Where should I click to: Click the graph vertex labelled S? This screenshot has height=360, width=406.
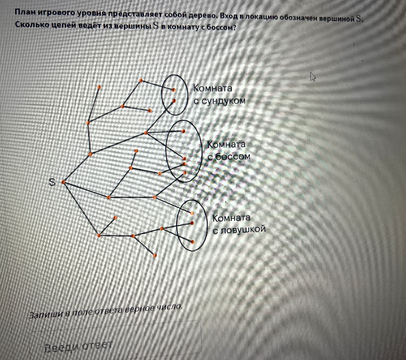(63, 182)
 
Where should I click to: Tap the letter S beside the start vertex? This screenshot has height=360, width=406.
(52, 182)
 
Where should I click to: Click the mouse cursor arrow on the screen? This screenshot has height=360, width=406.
(313, 77)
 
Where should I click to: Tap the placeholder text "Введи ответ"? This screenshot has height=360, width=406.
(78, 347)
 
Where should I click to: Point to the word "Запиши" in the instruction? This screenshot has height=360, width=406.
(46, 314)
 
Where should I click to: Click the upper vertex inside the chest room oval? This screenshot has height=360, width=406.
(173, 90)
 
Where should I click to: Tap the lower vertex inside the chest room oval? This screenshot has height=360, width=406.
(174, 100)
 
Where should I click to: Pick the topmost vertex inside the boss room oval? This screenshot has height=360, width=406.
(183, 131)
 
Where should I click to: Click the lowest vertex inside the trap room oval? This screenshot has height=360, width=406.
(193, 242)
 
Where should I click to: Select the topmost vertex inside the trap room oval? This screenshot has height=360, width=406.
(192, 213)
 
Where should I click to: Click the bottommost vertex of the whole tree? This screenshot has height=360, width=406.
(155, 255)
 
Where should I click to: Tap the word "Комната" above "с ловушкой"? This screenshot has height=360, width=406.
(231, 218)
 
